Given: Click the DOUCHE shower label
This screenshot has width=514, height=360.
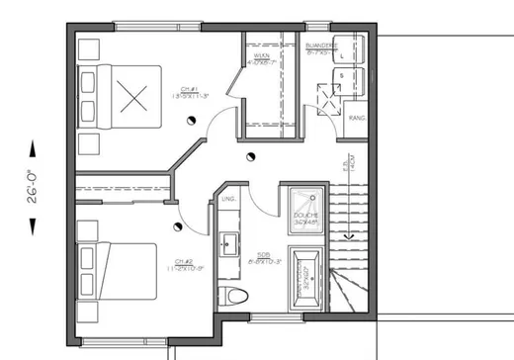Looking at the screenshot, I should pos(304,219).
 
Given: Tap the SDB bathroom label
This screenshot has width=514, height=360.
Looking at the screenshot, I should pos(267,258).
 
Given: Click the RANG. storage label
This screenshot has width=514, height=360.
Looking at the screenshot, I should pos(358,118).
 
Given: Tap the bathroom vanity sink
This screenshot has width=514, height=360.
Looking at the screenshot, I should pos(228,241).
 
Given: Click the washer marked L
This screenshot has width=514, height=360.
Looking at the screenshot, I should pos(342,56).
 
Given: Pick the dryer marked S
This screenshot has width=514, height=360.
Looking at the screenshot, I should pos(342,82).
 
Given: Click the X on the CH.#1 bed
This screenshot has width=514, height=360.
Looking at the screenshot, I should pos(132,97).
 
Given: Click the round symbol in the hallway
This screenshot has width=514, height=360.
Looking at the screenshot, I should pos(248,157).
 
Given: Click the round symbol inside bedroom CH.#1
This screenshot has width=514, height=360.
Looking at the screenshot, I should pos(189,120).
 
